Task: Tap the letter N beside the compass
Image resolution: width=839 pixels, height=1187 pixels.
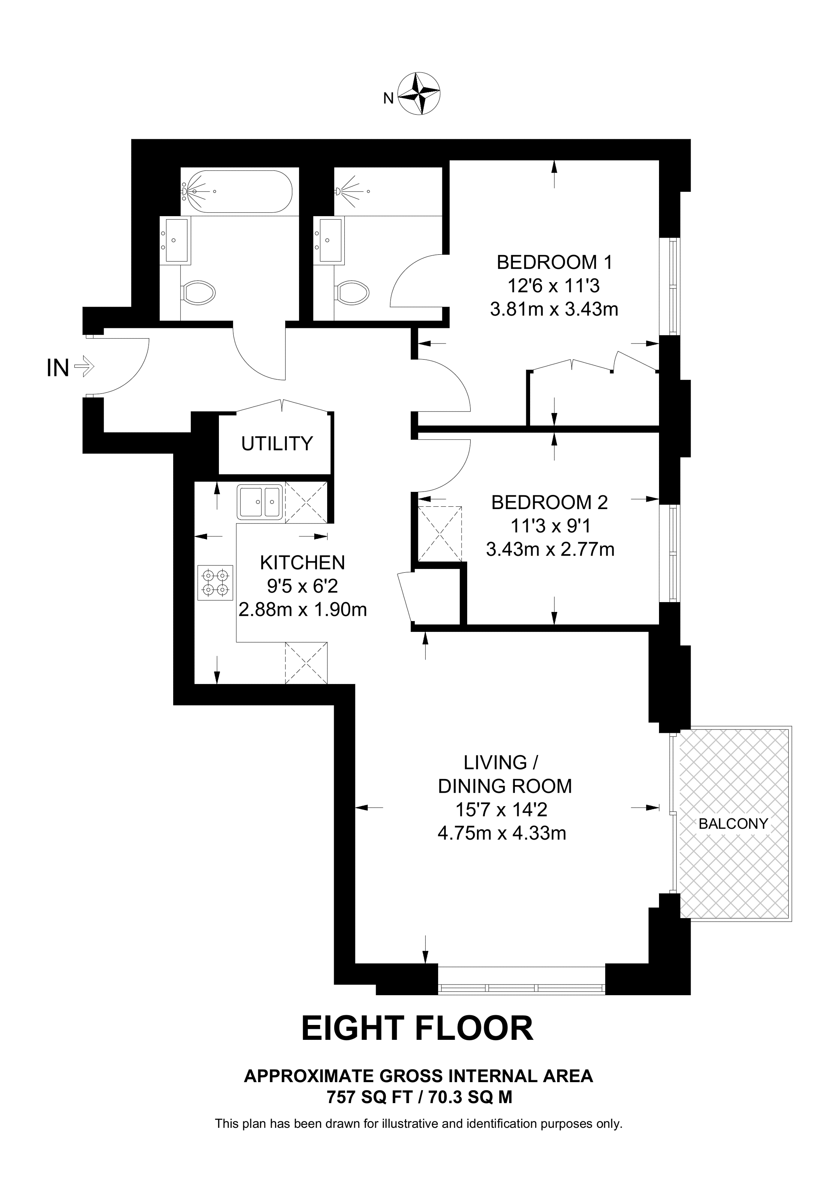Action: [388, 98]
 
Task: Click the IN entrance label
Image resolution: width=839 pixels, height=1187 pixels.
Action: [57, 368]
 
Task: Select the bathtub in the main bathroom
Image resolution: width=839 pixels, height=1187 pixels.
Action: [237, 191]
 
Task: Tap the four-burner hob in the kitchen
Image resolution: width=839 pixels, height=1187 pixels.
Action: [215, 582]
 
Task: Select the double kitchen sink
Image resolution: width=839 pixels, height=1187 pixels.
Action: [260, 501]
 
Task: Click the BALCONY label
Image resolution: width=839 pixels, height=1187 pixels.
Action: [733, 824]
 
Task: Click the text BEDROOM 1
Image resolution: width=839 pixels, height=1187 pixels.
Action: [554, 263]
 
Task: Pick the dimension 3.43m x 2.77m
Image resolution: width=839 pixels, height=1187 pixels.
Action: [550, 549]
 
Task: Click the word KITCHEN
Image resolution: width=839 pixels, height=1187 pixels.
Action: [302, 562]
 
